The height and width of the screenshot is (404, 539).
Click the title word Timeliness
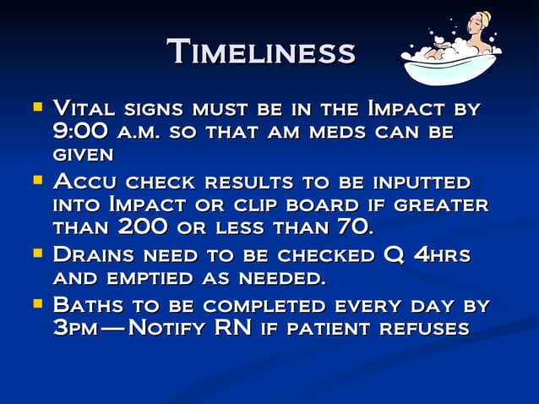click(x=260, y=52)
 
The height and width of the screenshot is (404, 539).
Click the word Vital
click(x=84, y=109)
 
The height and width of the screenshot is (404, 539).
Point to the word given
click(x=82, y=155)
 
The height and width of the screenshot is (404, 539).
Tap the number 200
click(x=142, y=227)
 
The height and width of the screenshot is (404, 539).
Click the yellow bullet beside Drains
click(x=36, y=254)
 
